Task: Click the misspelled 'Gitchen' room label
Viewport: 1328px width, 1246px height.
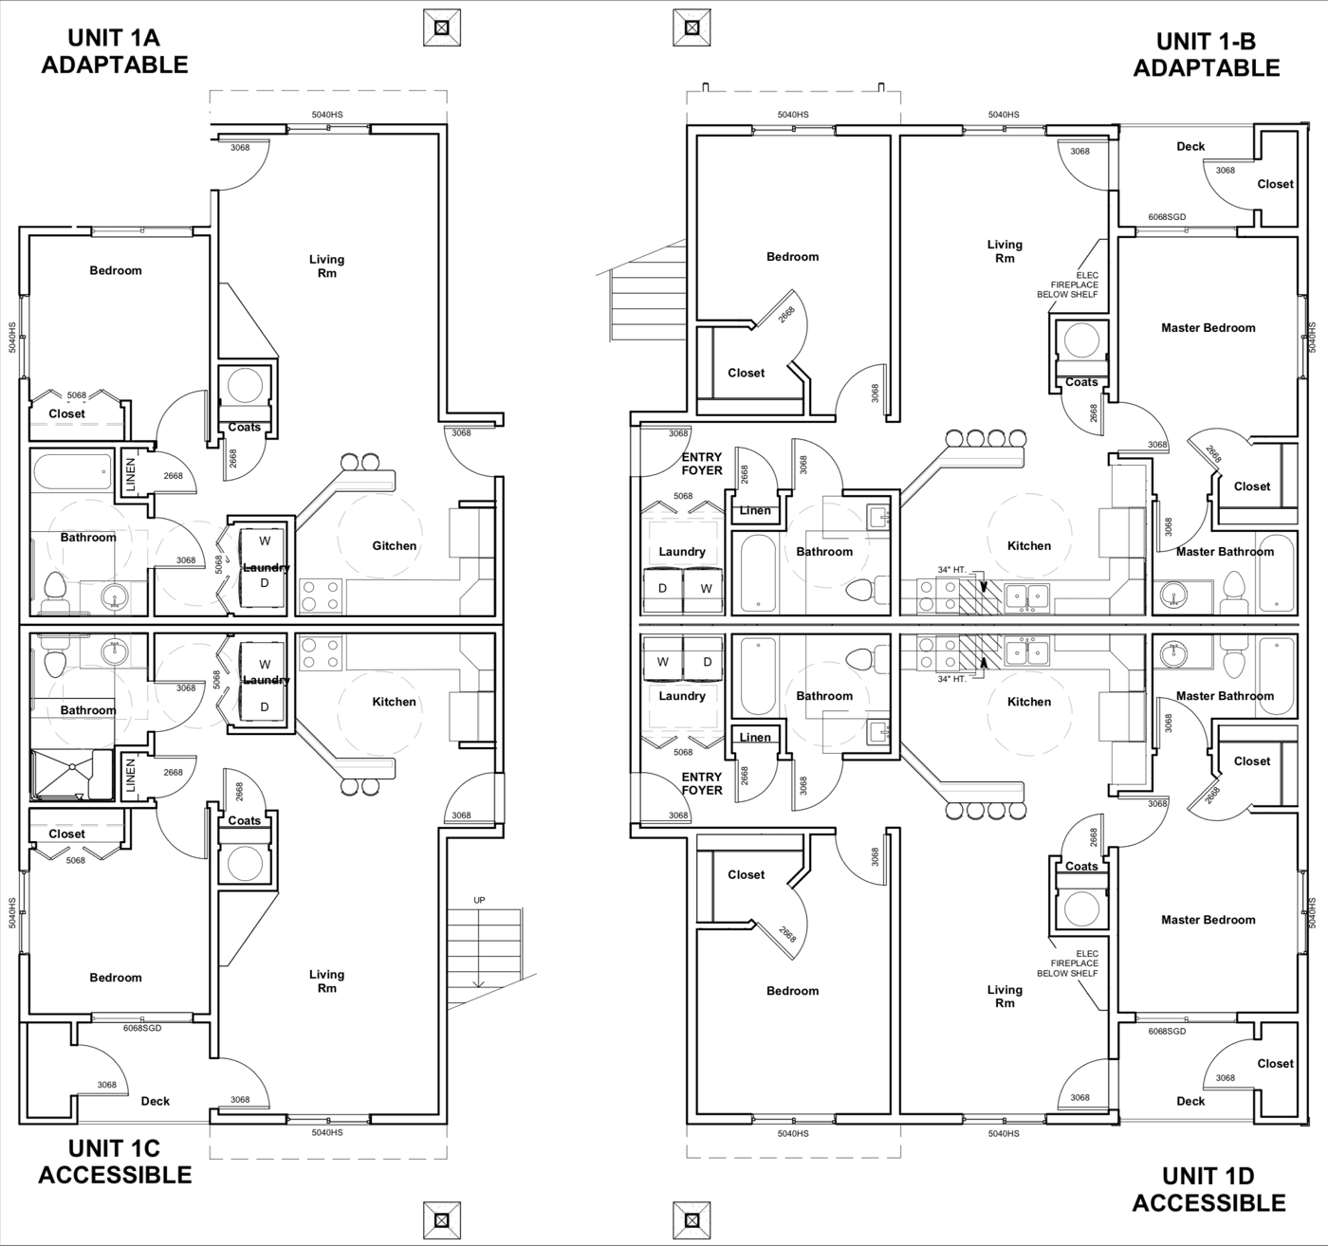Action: [395, 545]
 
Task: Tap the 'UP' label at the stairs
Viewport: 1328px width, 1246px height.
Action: [479, 900]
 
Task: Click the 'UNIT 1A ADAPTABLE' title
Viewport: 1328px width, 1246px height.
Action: [115, 51]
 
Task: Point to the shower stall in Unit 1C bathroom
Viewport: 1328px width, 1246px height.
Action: [71, 774]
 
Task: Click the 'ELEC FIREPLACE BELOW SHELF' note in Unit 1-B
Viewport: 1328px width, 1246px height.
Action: [1067, 284]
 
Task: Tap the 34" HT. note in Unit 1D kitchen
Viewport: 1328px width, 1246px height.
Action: [951, 679]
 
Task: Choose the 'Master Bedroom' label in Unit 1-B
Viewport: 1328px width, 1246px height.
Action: [1208, 327]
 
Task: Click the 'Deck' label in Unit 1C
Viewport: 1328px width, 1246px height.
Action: [156, 1101]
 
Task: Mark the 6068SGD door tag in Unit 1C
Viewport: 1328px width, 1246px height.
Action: [142, 1027]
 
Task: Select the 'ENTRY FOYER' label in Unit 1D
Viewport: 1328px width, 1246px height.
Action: [702, 783]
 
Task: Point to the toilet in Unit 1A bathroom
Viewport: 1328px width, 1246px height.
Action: [53, 591]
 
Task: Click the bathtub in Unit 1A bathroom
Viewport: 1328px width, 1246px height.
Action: [72, 472]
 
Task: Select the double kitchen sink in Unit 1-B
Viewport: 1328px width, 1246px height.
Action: [1027, 595]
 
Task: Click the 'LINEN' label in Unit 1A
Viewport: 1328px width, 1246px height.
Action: [130, 474]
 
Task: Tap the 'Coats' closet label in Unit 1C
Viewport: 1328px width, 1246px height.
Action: [244, 820]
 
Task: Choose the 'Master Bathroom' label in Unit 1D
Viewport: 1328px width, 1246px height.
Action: [1225, 696]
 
